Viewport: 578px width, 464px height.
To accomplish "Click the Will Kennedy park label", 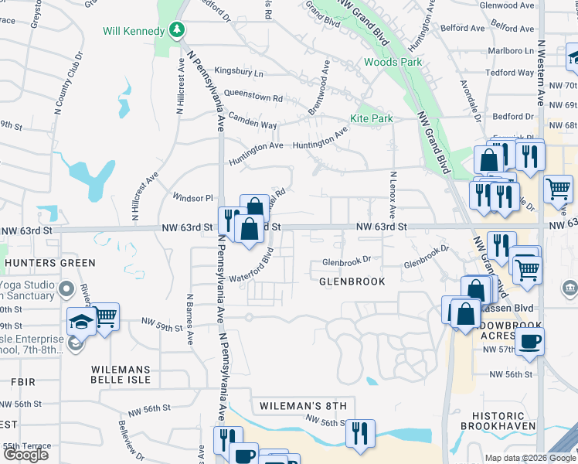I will tap(134, 31).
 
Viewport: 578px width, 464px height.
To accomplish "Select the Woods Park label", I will tap(392, 62).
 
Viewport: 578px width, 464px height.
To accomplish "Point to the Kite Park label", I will tap(371, 118).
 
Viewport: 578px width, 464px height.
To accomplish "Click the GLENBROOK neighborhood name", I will tap(352, 281).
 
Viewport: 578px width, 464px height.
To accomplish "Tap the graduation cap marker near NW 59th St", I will tap(81, 320).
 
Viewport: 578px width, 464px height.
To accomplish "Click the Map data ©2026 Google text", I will tap(530, 458).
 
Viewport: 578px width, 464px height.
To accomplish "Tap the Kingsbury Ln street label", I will tap(239, 73).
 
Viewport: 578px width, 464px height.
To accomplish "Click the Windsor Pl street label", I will tap(192, 197).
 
